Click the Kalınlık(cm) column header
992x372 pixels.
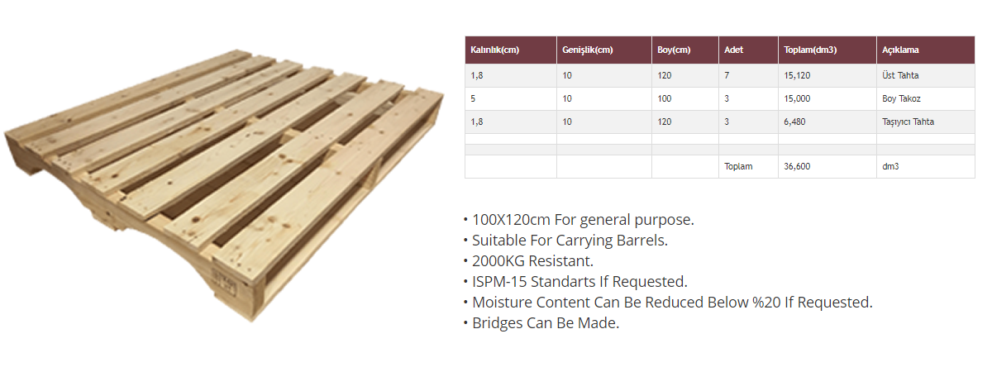(x=494, y=50)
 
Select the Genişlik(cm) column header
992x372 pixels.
(x=587, y=50)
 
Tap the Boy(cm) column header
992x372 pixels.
(x=674, y=50)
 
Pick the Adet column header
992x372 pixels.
(x=733, y=50)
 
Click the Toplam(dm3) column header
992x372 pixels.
(x=810, y=50)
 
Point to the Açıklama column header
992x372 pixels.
(x=900, y=50)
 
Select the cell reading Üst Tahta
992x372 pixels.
(x=900, y=75)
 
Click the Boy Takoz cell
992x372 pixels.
(x=901, y=98)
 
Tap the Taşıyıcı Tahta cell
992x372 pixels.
(x=908, y=122)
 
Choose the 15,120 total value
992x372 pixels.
(x=797, y=76)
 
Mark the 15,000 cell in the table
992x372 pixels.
(x=797, y=98)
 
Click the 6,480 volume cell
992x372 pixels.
(x=794, y=122)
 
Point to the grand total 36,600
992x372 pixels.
(x=797, y=166)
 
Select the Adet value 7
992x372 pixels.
(x=727, y=76)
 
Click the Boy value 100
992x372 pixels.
(x=665, y=98)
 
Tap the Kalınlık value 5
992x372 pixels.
(x=473, y=98)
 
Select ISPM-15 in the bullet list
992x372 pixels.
(x=499, y=282)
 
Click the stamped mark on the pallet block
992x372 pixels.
(x=225, y=282)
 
